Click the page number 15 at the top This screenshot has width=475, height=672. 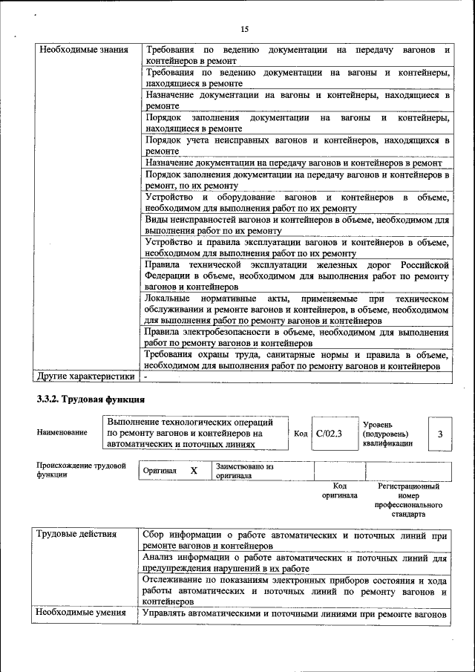[245, 29]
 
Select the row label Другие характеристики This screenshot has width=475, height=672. [86, 377]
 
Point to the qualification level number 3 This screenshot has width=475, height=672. [439, 434]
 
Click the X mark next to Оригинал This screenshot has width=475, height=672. [194, 471]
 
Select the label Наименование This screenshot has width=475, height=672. [62, 433]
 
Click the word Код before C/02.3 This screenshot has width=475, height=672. [301, 434]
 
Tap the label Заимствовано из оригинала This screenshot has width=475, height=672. [245, 471]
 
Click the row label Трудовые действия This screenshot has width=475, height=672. [76, 535]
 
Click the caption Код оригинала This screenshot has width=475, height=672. [340, 491]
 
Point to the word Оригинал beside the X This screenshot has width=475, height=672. [160, 471]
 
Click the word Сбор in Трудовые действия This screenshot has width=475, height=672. [157, 535]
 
